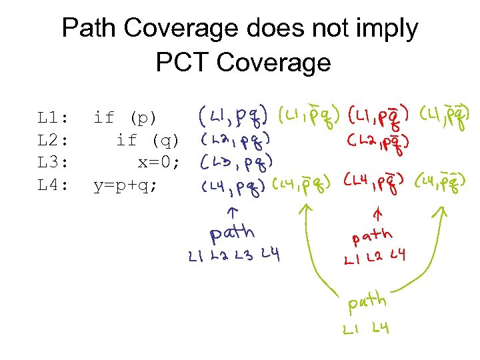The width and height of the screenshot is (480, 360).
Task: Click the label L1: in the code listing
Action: coord(53,119)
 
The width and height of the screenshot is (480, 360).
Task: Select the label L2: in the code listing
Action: coord(53,141)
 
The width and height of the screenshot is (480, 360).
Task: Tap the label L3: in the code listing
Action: coord(53,163)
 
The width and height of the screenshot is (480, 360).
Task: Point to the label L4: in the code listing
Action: coord(53,185)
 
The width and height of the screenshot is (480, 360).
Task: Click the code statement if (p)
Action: coord(125,119)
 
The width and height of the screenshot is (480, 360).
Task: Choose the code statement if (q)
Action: coord(147,141)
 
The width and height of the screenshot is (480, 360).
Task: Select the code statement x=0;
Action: coord(159,163)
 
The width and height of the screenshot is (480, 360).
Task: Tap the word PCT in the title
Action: coord(182,62)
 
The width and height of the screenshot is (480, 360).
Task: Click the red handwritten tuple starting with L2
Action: coord(377,142)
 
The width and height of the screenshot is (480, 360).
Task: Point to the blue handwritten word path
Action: coord(231,233)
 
